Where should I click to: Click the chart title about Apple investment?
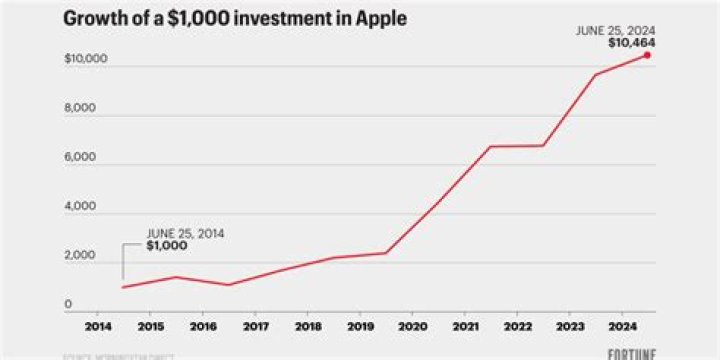(x=236, y=19)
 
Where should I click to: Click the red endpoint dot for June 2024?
(x=647, y=55)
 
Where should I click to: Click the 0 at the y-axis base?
(x=69, y=305)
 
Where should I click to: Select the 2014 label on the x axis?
(x=98, y=326)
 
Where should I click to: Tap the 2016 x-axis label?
(x=202, y=326)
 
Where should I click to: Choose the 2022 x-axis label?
(x=517, y=326)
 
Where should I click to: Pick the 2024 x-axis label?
(x=621, y=326)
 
